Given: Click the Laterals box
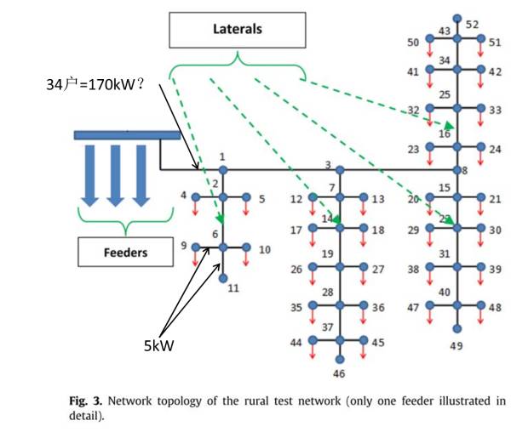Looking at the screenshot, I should click(237, 30).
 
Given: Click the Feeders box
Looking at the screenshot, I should click(125, 252).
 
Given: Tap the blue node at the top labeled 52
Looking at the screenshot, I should click(456, 18).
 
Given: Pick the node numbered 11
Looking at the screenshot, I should click(223, 277).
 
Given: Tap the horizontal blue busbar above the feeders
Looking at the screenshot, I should click(127, 135).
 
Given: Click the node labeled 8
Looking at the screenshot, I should click(456, 169).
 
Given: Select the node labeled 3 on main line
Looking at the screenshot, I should click(339, 170).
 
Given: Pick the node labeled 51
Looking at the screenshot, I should click(482, 38).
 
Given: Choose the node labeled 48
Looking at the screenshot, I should click(482, 305).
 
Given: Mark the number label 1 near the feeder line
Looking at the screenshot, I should click(221, 157).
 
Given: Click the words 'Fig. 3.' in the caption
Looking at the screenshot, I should click(85, 399).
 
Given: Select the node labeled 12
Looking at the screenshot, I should click(313, 198).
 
